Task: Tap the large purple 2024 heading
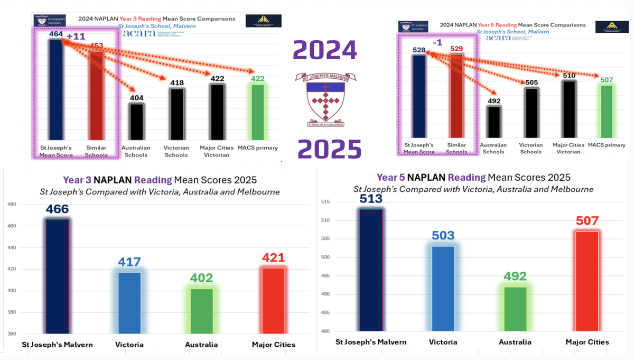click(325, 51)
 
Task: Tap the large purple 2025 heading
click(329, 150)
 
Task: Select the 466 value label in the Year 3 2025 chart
click(57, 209)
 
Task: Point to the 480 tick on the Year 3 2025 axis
click(12, 205)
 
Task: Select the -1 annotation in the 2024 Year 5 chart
click(437, 42)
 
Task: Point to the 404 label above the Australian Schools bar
click(136, 98)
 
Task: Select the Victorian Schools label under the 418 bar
click(176, 151)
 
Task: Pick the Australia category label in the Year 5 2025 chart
click(515, 342)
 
